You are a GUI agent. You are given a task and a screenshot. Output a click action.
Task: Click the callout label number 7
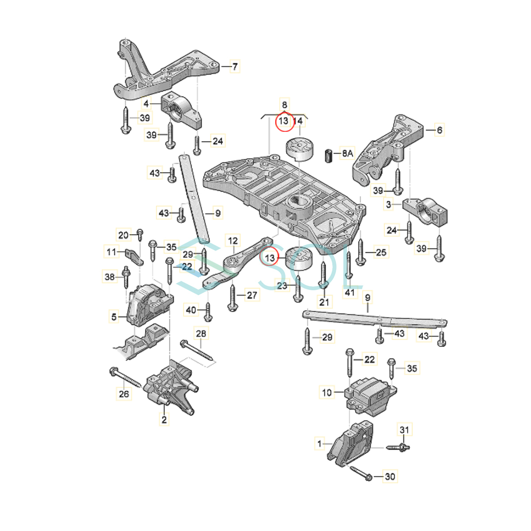pyautogui.click(x=235, y=66)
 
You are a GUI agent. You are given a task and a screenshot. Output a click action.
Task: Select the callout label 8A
pyautogui.click(x=347, y=153)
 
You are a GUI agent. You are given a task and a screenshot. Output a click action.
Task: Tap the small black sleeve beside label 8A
pyautogui.click(x=329, y=156)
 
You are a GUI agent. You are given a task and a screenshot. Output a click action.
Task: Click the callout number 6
pyautogui.click(x=439, y=130)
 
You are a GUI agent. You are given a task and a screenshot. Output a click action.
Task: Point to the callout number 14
pyautogui.click(x=298, y=121)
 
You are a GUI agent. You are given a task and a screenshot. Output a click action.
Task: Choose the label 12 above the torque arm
pyautogui.click(x=233, y=241)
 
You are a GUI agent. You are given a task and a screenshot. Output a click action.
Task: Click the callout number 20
pyautogui.click(x=123, y=235)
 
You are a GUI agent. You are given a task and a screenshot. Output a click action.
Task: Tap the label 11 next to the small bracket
pyautogui.click(x=112, y=252)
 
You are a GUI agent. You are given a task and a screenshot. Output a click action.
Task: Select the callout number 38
pyautogui.click(x=109, y=277)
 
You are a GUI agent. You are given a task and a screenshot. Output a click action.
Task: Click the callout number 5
pyautogui.click(x=114, y=317)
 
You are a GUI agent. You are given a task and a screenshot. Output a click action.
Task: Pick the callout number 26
pyautogui.click(x=124, y=394)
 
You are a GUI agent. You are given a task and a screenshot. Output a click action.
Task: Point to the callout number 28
pyautogui.click(x=201, y=334)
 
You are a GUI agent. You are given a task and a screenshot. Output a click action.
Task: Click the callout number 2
pyautogui.click(x=164, y=419)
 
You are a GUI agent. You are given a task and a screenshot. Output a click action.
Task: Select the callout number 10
pyautogui.click(x=327, y=392)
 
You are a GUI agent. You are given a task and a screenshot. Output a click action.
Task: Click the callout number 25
pyautogui.click(x=381, y=252)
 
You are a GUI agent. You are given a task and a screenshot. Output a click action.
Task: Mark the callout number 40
pyautogui.click(x=191, y=310)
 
